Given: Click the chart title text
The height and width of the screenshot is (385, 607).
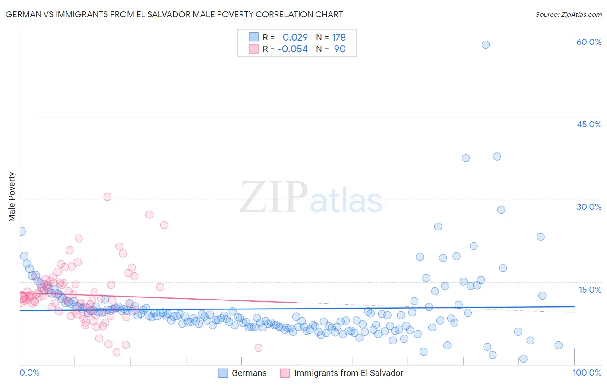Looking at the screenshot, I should tap(174, 14).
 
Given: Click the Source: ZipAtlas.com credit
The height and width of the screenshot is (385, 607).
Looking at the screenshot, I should tap(568, 14).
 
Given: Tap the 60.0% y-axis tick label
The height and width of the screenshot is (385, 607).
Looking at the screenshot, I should tap(589, 42).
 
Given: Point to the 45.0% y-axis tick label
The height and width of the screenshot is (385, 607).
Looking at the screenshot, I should tap(589, 124).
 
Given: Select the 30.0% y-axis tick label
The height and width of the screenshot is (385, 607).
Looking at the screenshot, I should tap(589, 207).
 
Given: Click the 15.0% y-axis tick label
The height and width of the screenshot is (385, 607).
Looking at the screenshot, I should tap(590, 290).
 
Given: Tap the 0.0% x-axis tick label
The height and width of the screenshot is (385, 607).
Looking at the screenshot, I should tap(29, 372).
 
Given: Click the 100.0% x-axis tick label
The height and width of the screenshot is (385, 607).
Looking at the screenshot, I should tap(587, 372).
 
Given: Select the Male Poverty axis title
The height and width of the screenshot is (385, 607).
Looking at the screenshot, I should tap(12, 197).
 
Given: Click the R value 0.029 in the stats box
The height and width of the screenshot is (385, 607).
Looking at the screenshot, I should tap(295, 38).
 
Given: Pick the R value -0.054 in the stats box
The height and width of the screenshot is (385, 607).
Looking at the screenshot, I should tap(293, 49).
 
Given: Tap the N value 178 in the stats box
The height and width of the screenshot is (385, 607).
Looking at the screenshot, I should tap(339, 38).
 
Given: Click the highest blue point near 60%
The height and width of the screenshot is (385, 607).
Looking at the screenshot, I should tap(486, 45).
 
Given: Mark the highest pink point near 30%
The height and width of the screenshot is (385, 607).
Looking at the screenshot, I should tap(107, 197).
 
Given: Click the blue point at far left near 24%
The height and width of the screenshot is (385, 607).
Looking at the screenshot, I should tap(22, 231).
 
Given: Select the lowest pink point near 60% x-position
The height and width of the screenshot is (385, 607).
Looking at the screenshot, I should tap(258, 348).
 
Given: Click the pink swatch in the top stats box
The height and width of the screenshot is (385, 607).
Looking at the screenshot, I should tap(253, 49).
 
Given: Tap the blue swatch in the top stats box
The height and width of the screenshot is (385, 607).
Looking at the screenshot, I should tap(253, 38).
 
